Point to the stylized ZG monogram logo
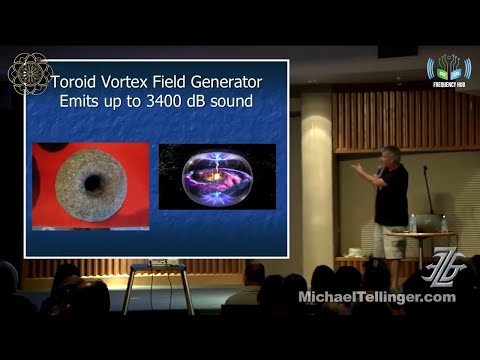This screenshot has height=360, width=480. click(x=442, y=269)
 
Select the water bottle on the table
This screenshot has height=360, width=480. click(x=412, y=223)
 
